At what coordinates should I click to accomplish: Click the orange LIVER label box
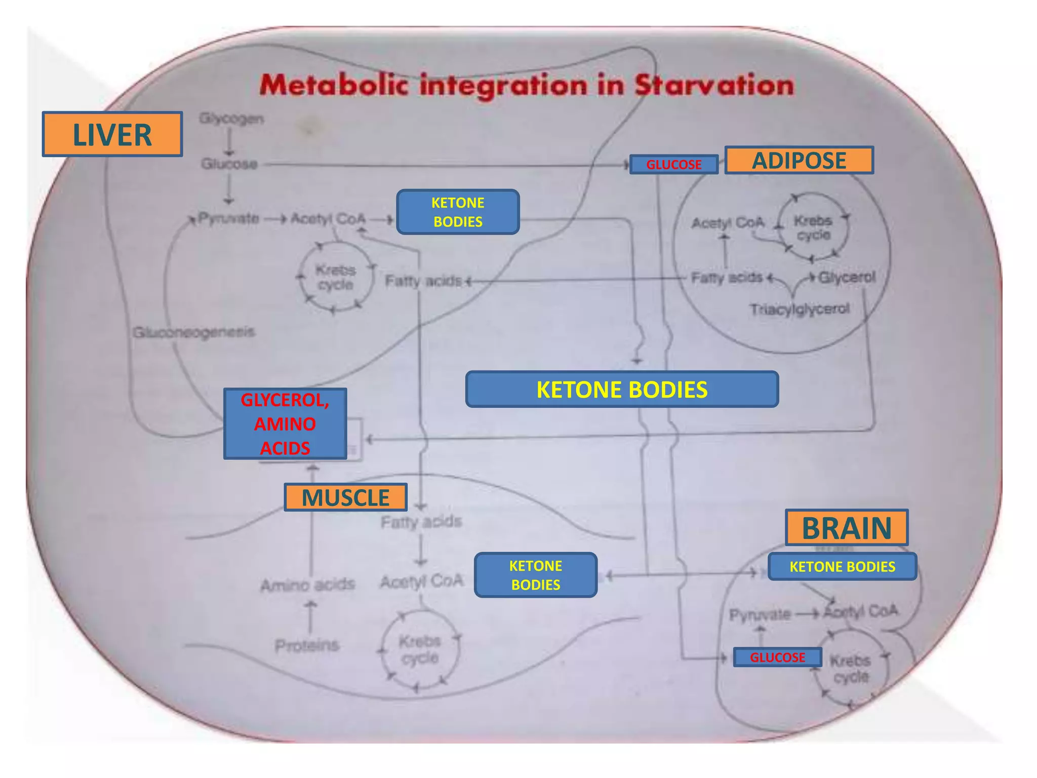pos(112,134)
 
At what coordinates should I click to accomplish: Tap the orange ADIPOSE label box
pos(799,161)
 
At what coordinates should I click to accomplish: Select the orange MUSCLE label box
pos(345,497)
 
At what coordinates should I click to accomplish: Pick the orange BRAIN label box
pos(846,528)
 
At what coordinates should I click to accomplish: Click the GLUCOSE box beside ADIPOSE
pos(673,165)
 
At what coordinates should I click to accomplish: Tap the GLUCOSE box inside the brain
pos(777,657)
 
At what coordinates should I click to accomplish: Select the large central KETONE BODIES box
pos(622,390)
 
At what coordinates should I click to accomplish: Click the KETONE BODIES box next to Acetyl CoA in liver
pos(458,212)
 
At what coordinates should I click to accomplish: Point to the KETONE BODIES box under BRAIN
pos(842,567)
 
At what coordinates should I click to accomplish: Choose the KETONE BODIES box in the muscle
pos(536,575)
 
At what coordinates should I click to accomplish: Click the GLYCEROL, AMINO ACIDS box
pos(285,424)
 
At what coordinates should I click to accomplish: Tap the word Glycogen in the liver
pos(231,119)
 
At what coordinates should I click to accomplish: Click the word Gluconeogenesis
pos(194,332)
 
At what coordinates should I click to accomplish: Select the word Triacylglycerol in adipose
pos(800,309)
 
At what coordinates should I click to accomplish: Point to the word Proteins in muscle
pos(306,646)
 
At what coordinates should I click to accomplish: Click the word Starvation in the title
pos(714,85)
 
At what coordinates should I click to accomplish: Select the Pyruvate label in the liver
pos(228,219)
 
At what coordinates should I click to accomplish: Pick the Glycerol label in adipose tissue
pos(847,277)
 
